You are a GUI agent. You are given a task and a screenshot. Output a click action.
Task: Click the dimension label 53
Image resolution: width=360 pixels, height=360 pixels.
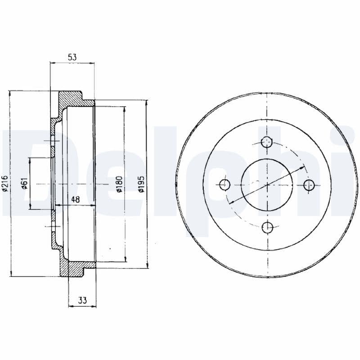point(72,57)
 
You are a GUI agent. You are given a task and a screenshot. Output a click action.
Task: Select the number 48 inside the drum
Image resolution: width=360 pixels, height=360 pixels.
point(75,199)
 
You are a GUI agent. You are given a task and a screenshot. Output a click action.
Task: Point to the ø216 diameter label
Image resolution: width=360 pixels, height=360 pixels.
point(5,184)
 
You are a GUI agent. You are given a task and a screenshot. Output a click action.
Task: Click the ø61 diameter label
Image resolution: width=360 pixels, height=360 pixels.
point(25,184)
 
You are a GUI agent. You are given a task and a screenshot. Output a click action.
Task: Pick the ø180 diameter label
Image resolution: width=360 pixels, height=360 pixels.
point(119,184)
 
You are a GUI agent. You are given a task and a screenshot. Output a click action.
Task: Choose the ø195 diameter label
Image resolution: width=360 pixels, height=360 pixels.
point(141,184)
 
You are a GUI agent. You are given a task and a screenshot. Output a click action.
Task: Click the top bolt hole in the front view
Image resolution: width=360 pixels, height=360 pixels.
point(267,142)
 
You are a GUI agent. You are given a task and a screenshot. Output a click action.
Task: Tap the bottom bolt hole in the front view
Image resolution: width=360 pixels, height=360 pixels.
point(267,227)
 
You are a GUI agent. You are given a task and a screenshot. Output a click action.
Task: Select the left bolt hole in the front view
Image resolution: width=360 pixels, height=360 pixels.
point(225,184)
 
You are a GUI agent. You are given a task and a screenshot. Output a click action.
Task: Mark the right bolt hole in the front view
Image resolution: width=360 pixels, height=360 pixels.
point(309,184)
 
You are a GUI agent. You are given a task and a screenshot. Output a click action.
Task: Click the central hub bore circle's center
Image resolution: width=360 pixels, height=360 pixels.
point(267,184)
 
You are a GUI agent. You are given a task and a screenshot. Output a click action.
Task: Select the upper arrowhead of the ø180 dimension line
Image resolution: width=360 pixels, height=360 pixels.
point(125,108)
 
